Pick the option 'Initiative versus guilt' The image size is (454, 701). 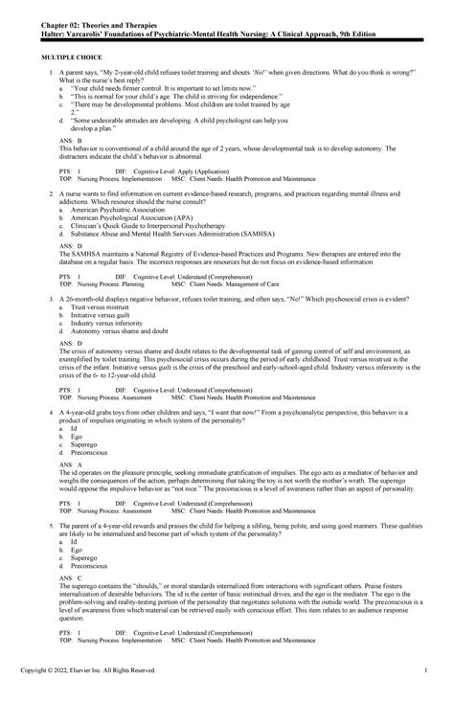[x=102, y=316]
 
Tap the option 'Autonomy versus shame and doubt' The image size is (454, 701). [x=120, y=330]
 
